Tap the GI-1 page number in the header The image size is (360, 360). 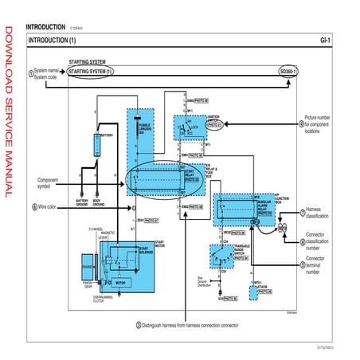click(x=325, y=39)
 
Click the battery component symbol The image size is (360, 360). click(x=98, y=145)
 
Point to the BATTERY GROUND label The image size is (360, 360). click(x=82, y=202)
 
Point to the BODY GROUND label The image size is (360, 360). click(x=99, y=202)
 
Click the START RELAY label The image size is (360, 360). click(x=190, y=173)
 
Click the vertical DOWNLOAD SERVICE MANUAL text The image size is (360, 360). click(x=9, y=112)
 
